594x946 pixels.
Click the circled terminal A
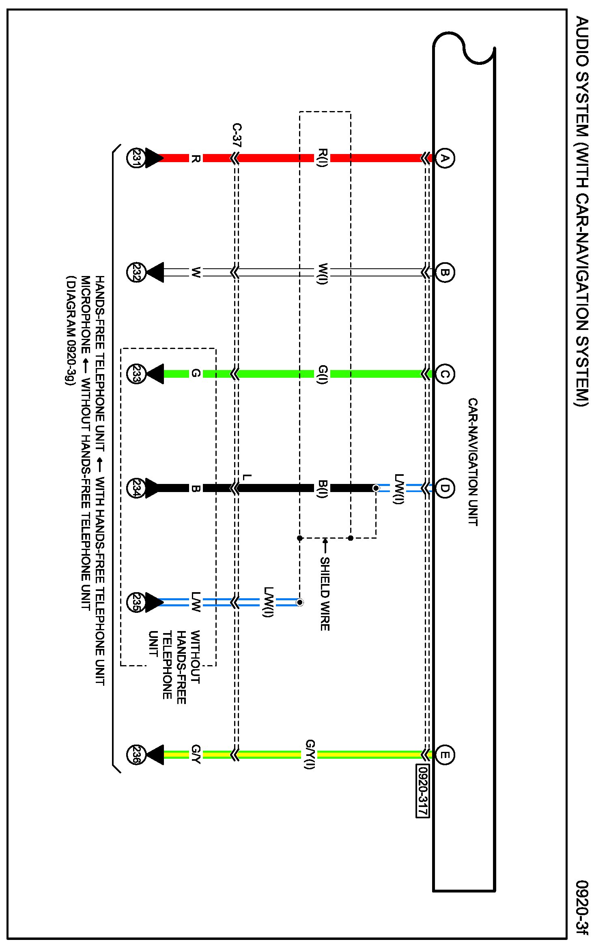point(445,158)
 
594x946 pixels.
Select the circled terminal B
point(445,272)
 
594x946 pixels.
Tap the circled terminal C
point(445,374)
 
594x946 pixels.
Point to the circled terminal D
point(445,488)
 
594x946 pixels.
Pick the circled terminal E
point(445,755)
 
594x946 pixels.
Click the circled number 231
point(136,158)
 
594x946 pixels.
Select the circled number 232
point(136,272)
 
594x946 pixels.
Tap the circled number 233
point(136,374)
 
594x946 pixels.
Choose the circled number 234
point(136,488)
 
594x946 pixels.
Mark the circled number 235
point(136,602)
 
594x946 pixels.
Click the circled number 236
point(136,755)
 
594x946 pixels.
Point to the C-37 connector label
point(237,135)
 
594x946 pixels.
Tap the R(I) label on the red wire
point(322,158)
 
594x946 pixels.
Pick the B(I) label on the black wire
point(322,489)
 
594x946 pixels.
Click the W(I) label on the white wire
point(322,273)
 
